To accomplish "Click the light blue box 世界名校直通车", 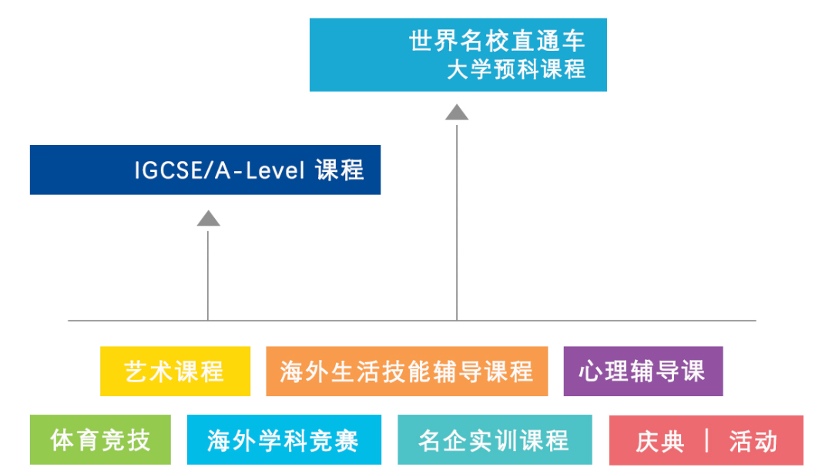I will point(458,55).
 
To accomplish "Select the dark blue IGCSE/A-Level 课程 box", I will point(205,170).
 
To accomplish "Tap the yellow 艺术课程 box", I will point(175,371).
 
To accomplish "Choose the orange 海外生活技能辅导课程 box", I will point(407,371).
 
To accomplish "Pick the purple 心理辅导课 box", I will point(642,371).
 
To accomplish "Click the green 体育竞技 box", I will point(100,440).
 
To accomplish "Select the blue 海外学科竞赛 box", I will point(283,440).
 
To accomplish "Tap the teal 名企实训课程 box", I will point(495,440).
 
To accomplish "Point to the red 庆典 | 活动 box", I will point(706,440).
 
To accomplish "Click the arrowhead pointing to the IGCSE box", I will point(208,218).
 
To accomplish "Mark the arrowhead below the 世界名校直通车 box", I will point(457,113).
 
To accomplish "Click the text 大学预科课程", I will point(516,69).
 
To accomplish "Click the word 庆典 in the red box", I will point(659,442).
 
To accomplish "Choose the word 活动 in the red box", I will point(753,442).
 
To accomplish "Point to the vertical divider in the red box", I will point(706,441).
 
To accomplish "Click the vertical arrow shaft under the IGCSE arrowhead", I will point(208,274).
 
